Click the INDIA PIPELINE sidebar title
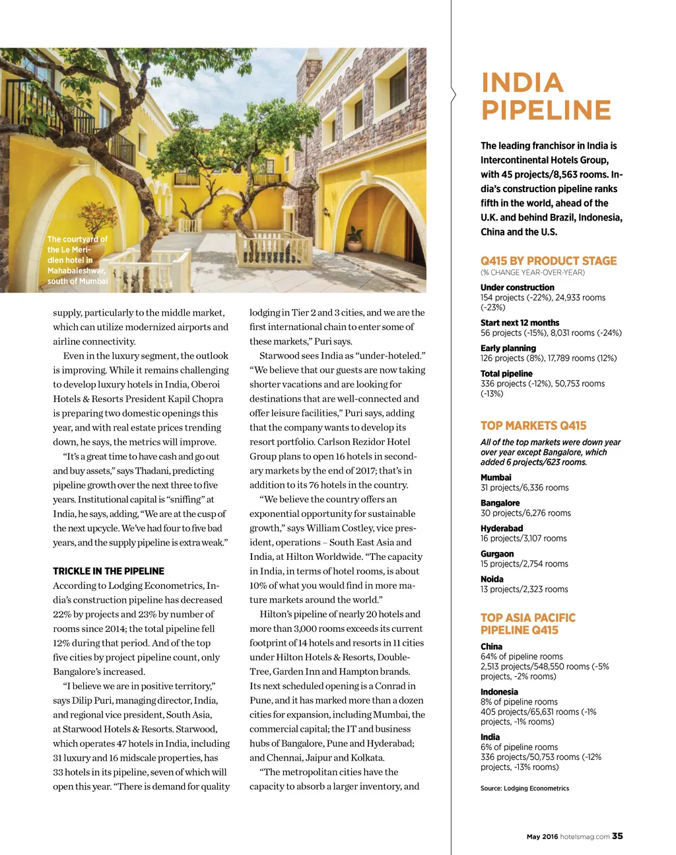coord(546,96)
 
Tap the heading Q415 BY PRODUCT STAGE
coord(549,261)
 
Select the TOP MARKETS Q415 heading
coord(533,426)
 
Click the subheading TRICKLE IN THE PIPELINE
coord(108,571)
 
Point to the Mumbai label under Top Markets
coord(496,477)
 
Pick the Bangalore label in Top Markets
coord(500,503)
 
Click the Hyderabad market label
coord(502,528)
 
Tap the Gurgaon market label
coord(498,554)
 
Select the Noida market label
coord(492,579)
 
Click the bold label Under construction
coord(518,287)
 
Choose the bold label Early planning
coord(508,348)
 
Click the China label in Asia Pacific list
coord(491,646)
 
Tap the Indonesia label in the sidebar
coord(499,692)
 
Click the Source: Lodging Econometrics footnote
coord(525,788)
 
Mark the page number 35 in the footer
coord(617,836)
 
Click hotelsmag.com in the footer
coord(585,837)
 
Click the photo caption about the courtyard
coord(77,260)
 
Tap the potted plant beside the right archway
coord(356,239)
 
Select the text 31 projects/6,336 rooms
coord(525,488)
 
